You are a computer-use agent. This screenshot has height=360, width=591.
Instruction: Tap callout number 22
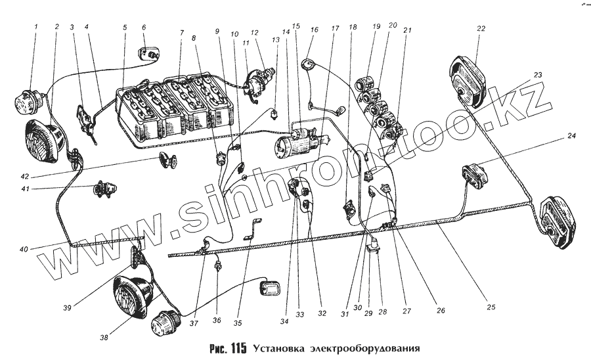[x=481, y=28]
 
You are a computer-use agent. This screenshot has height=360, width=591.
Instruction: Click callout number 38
[x=104, y=338]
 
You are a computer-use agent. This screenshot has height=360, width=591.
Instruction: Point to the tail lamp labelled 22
[x=467, y=80]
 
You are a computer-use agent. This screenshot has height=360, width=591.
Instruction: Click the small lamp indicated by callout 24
[x=475, y=175]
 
